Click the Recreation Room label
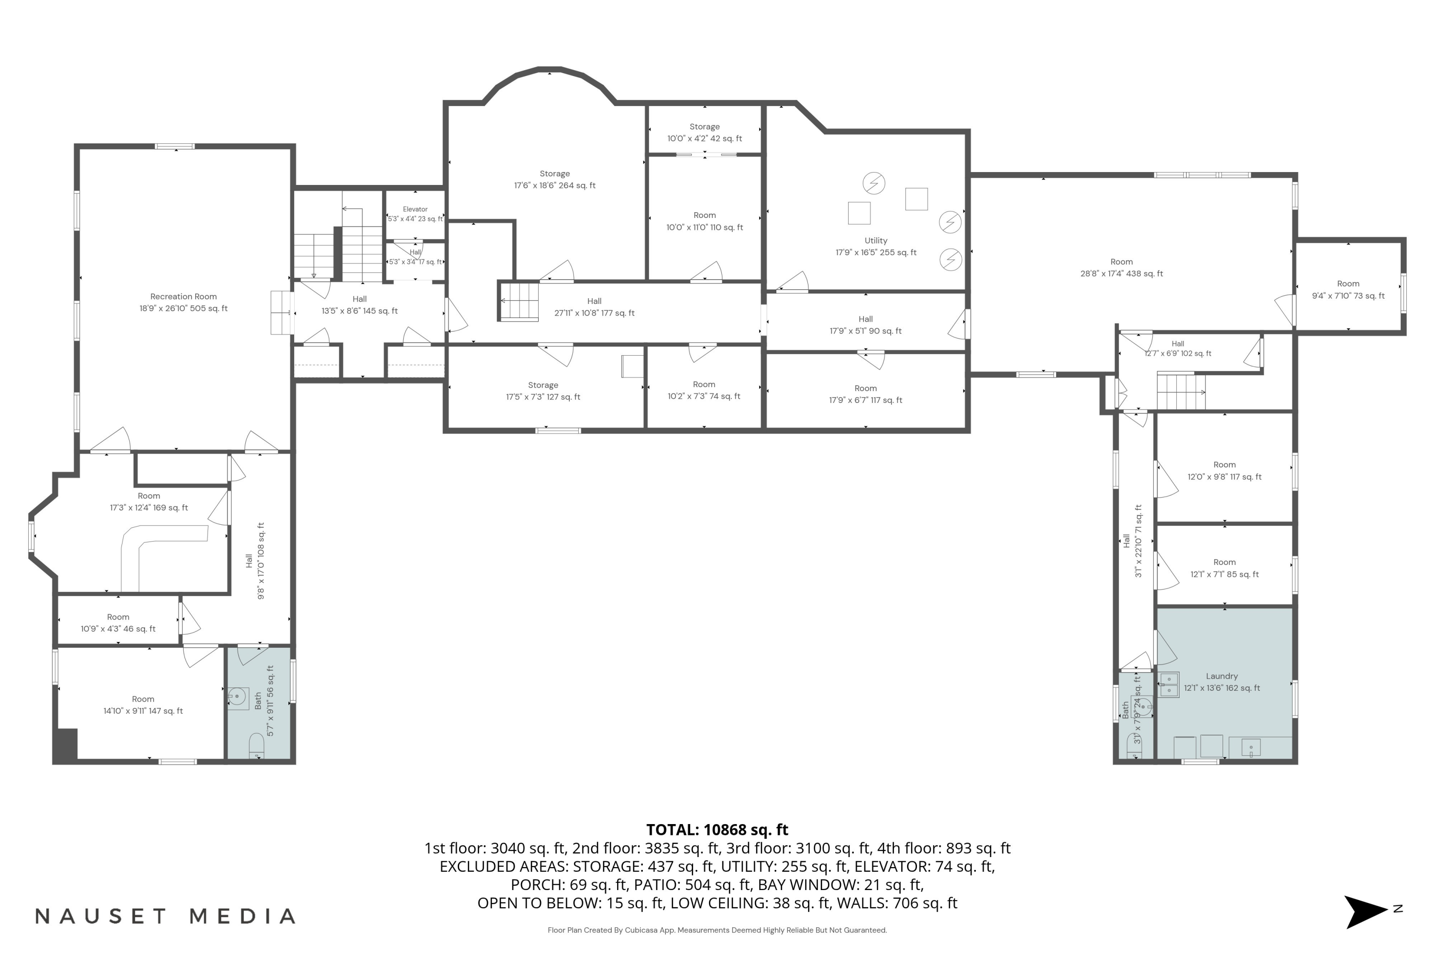click(x=183, y=296)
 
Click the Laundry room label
click(x=1222, y=676)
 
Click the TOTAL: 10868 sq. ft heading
click(x=717, y=830)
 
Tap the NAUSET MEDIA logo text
click(x=166, y=916)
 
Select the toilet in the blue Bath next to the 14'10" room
click(x=256, y=746)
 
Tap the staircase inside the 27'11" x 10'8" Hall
click(x=519, y=301)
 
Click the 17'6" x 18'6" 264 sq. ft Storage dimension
click(x=554, y=185)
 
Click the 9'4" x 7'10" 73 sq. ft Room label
click(x=1348, y=290)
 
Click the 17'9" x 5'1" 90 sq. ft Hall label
click(x=865, y=325)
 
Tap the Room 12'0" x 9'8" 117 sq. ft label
click(x=1225, y=471)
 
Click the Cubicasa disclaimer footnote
click(x=717, y=930)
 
